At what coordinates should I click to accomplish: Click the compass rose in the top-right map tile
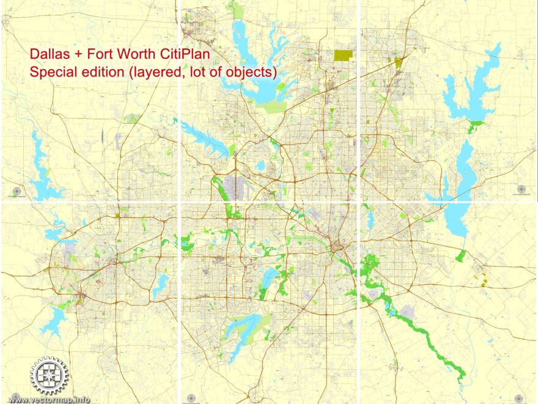(x=521, y=189)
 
